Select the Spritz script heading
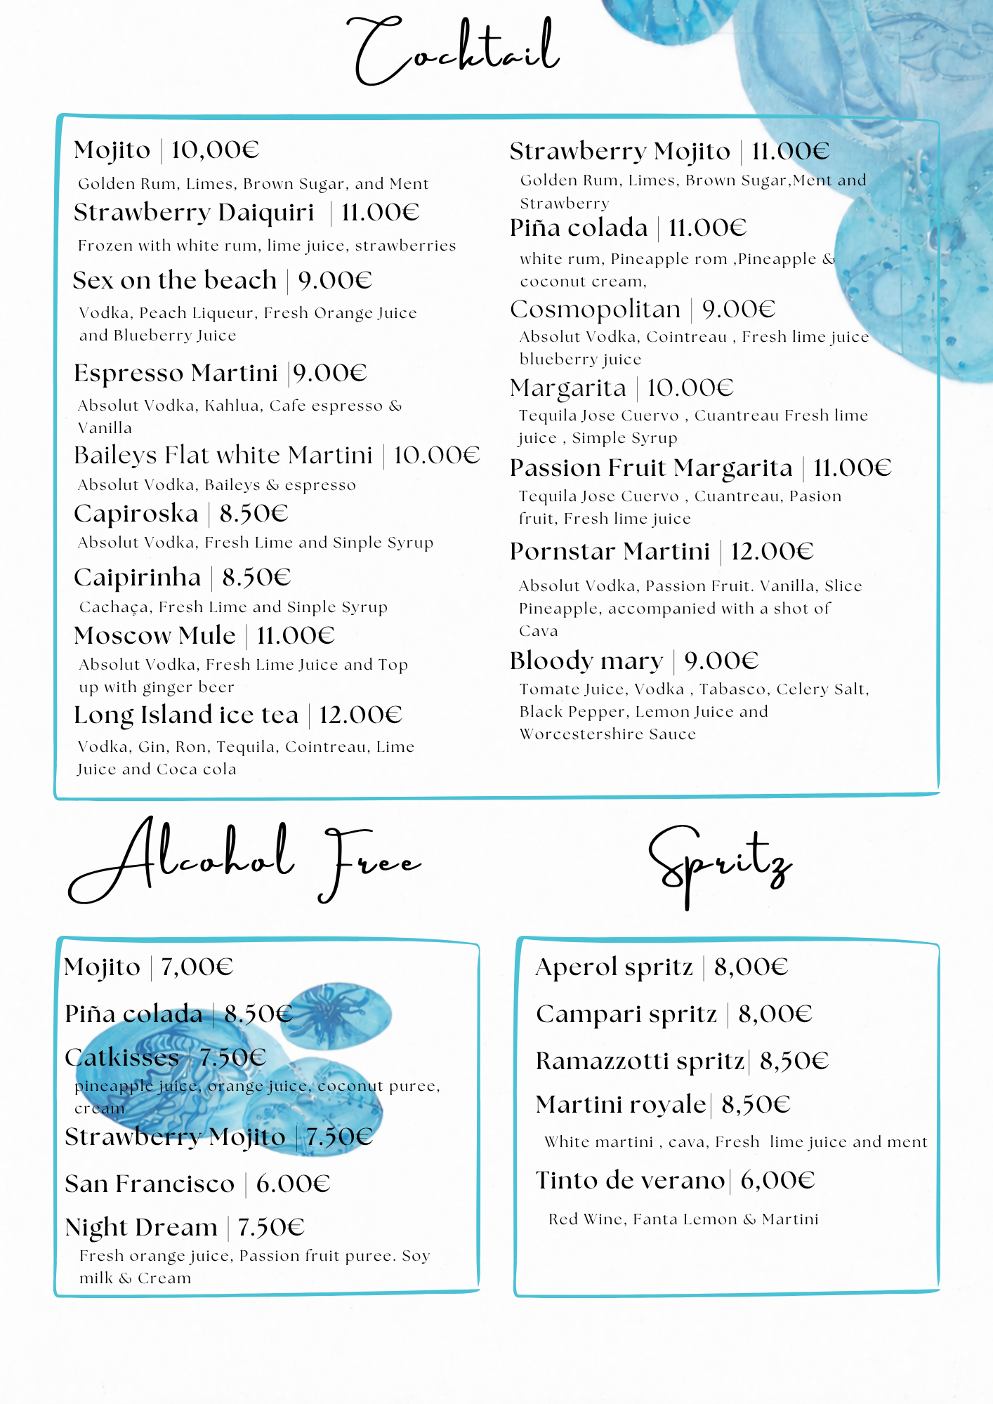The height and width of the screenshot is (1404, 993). [720, 864]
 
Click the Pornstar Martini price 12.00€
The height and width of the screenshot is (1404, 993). [772, 552]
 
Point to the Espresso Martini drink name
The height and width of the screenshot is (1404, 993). [176, 373]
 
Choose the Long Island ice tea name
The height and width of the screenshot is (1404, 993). [186, 715]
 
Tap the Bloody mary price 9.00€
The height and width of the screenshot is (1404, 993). [721, 661]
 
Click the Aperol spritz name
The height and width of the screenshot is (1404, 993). [614, 967]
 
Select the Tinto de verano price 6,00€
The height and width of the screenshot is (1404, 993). [777, 1181]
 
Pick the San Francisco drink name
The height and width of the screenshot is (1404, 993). [150, 1184]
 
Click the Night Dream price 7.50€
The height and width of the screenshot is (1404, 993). [270, 1228]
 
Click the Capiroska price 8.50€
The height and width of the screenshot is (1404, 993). [254, 514]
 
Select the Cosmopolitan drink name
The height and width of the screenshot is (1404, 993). [596, 310]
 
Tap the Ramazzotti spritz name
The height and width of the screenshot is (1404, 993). [639, 1061]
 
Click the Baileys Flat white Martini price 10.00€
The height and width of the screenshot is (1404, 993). [436, 456]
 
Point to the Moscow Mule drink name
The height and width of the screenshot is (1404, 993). [154, 636]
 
